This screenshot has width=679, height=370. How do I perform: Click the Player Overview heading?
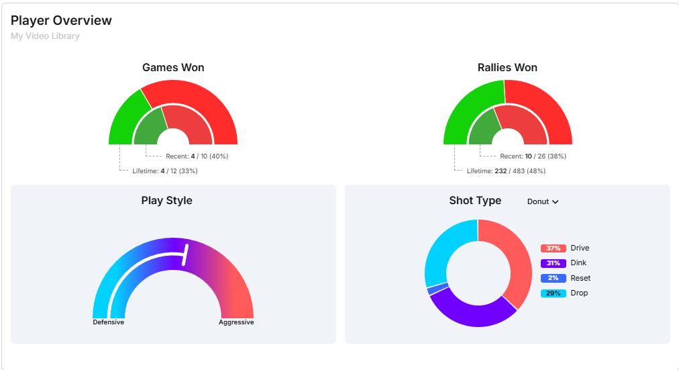[61, 21]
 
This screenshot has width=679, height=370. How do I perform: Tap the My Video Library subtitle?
[45, 36]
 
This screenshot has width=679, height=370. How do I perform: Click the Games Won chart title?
[173, 67]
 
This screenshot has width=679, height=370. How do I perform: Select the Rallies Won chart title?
[507, 67]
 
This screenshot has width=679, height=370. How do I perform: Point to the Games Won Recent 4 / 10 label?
[197, 156]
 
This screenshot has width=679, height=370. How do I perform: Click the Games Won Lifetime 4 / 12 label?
[164, 171]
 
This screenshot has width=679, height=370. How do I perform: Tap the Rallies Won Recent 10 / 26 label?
[532, 156]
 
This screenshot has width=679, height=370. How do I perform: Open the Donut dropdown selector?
[543, 201]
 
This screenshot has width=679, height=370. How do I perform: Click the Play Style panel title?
[166, 200]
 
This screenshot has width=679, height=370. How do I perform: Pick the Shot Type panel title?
[475, 200]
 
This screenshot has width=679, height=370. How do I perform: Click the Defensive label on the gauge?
[108, 322]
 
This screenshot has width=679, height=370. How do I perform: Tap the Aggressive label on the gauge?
[236, 322]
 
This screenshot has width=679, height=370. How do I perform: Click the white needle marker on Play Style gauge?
[186, 255]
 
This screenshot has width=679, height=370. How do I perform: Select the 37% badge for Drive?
[554, 248]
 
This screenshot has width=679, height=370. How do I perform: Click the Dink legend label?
[579, 263]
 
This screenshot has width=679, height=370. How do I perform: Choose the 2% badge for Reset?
[554, 278]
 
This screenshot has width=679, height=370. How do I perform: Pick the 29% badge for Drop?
[554, 293]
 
